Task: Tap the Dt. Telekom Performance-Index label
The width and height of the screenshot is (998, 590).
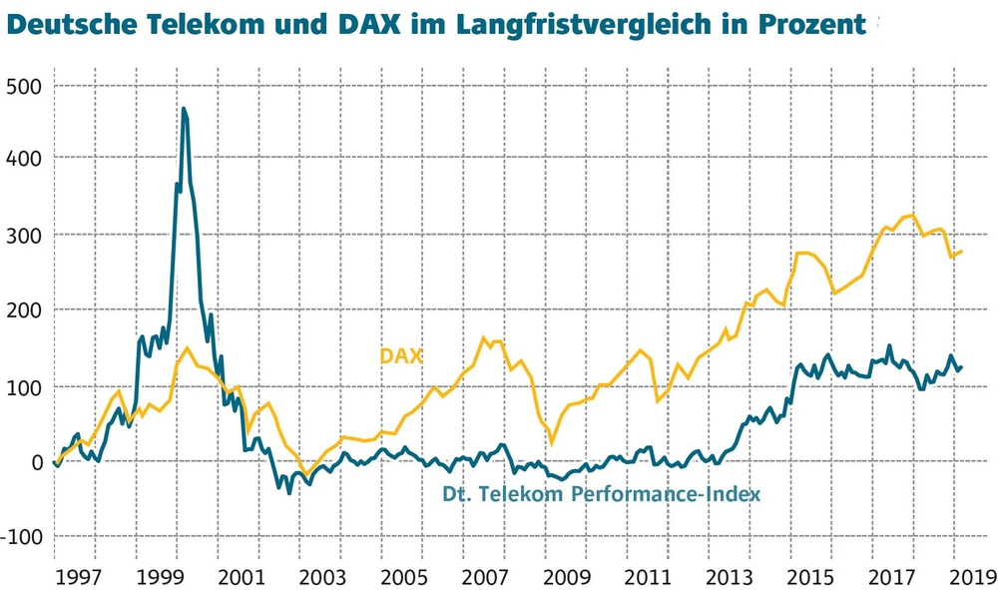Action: tap(601, 493)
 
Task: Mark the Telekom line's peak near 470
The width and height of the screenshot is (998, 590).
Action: tap(184, 109)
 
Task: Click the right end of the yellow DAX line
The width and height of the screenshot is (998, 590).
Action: tap(961, 252)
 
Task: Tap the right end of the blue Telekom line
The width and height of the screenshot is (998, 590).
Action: tap(961, 366)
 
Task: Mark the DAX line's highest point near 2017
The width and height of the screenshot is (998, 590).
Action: tap(911, 215)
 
